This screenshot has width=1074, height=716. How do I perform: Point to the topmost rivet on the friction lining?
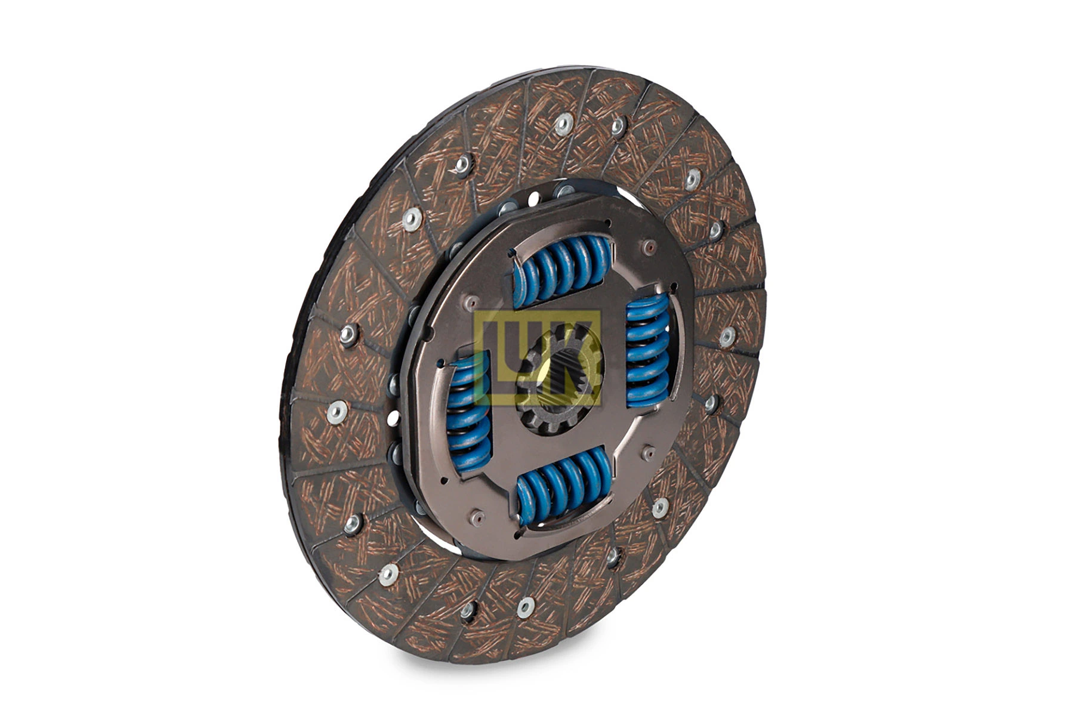tap(563, 124)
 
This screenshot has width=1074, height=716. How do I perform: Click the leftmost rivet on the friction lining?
tap(337, 412)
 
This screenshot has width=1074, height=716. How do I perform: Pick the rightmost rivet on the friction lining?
tap(727, 336)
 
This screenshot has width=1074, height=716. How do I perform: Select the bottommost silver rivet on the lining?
tap(526, 607)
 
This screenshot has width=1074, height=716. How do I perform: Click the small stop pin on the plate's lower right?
tap(647, 453)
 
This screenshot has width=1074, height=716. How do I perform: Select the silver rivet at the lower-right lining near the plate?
tap(660, 508)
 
